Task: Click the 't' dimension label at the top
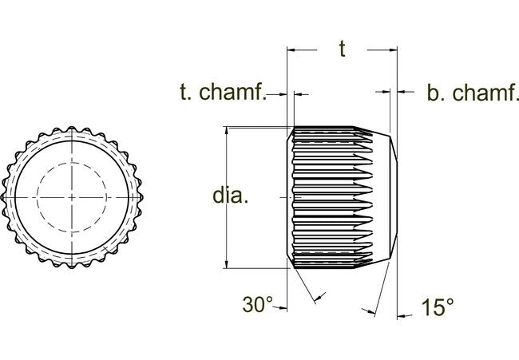click(342, 49)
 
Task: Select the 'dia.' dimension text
click(230, 196)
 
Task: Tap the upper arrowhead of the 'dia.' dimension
click(228, 133)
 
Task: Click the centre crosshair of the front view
click(71, 196)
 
